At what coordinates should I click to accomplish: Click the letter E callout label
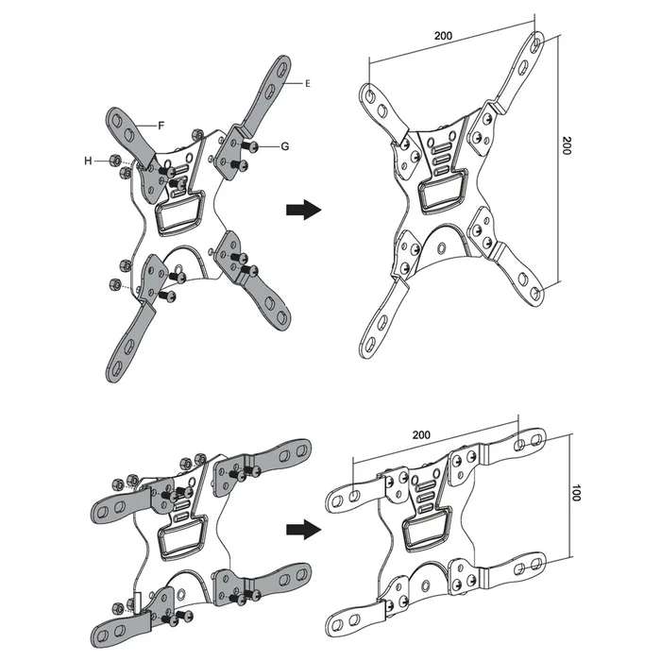pyautogui.click(x=308, y=84)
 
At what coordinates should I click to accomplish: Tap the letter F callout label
pyautogui.click(x=161, y=124)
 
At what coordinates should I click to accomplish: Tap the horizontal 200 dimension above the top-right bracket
pyautogui.click(x=443, y=36)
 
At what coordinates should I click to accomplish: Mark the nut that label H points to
pyautogui.click(x=113, y=161)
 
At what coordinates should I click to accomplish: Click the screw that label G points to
pyautogui.click(x=253, y=146)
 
